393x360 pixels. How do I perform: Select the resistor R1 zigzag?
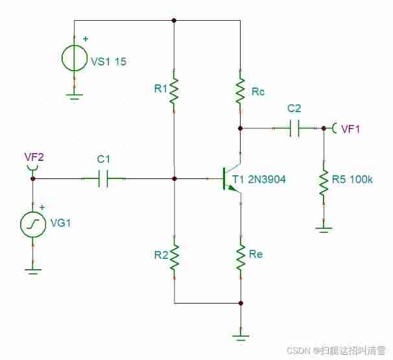(x=174, y=91)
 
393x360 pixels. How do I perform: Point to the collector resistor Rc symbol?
(x=241, y=91)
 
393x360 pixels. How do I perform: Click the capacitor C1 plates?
(x=103, y=178)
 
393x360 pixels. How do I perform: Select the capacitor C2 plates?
(x=294, y=128)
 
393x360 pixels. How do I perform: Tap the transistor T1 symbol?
(x=231, y=178)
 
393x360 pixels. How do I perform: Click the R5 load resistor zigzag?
(x=322, y=184)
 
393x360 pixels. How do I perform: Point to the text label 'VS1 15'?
(x=108, y=62)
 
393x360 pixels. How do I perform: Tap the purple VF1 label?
(x=350, y=129)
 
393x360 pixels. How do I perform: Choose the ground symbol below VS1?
(x=75, y=97)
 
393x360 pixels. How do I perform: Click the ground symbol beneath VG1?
(x=32, y=268)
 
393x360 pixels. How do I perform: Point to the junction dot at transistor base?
(x=174, y=178)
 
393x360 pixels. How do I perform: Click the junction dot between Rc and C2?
(x=241, y=128)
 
